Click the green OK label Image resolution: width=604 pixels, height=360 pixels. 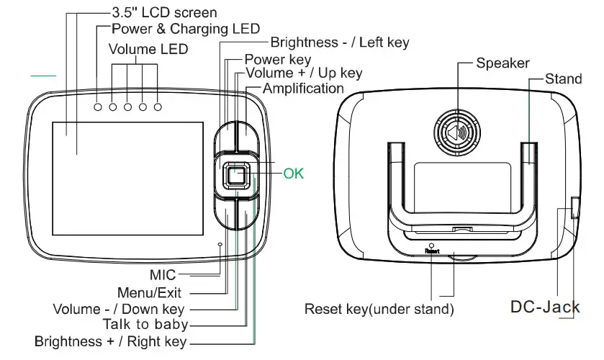click(293, 174)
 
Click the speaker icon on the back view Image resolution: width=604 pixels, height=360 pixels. click(455, 134)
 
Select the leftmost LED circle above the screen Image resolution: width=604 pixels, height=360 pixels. click(99, 107)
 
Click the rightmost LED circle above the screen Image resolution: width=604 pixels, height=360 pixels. click(158, 107)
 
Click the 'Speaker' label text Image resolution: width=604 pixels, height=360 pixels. click(502, 63)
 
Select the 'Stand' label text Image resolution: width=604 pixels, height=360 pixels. click(564, 78)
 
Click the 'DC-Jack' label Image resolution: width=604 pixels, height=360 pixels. click(545, 307)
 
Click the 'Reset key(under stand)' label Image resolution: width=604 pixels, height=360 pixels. click(379, 310)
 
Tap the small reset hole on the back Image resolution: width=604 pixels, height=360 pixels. click(431, 244)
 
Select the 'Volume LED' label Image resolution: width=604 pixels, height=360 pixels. click(148, 50)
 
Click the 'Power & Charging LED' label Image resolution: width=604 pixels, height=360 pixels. click(186, 30)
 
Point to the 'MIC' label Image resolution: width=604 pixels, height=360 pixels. click(162, 274)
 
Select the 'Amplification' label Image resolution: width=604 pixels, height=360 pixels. click(303, 89)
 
